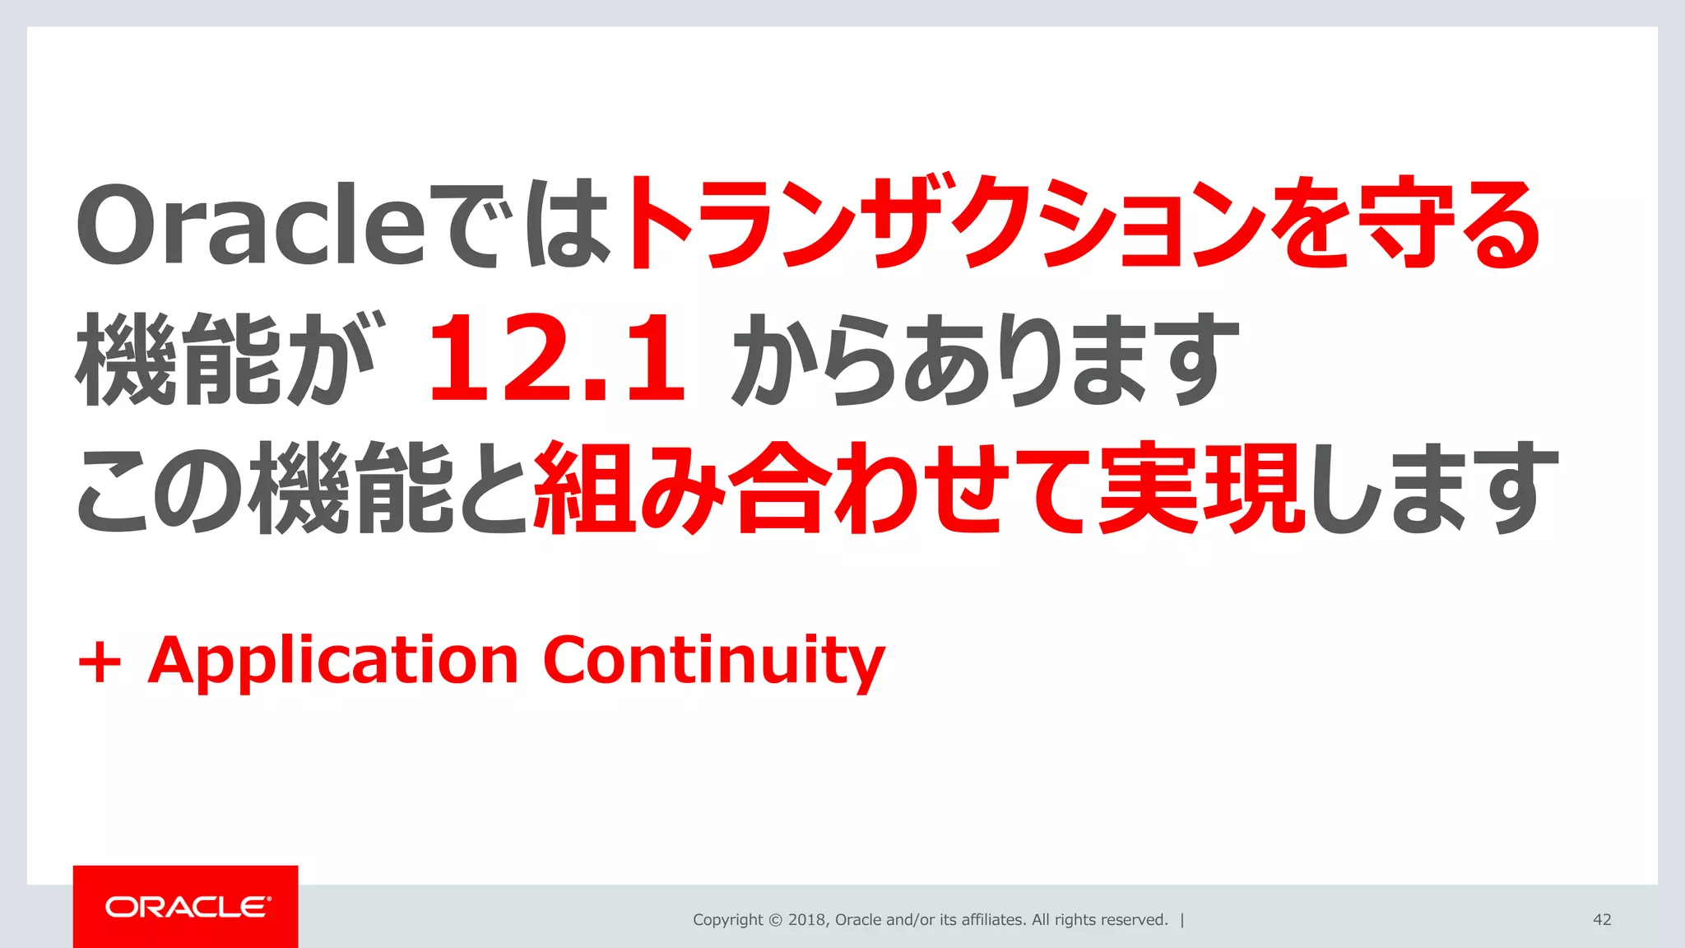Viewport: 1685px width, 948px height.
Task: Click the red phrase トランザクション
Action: click(x=946, y=224)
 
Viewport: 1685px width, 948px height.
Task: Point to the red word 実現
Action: click(x=1200, y=489)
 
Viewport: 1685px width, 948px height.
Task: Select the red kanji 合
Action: click(x=778, y=489)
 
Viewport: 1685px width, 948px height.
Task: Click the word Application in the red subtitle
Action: click(x=332, y=662)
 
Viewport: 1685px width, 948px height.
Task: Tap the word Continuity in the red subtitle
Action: click(x=713, y=662)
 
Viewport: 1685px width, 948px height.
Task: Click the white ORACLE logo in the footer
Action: click(x=187, y=907)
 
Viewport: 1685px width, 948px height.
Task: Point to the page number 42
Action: click(x=1602, y=920)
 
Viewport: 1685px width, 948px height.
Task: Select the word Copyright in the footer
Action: click(x=727, y=920)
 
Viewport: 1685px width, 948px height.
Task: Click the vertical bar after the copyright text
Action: click(x=1182, y=920)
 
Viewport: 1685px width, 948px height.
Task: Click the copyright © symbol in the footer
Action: click(x=775, y=920)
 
